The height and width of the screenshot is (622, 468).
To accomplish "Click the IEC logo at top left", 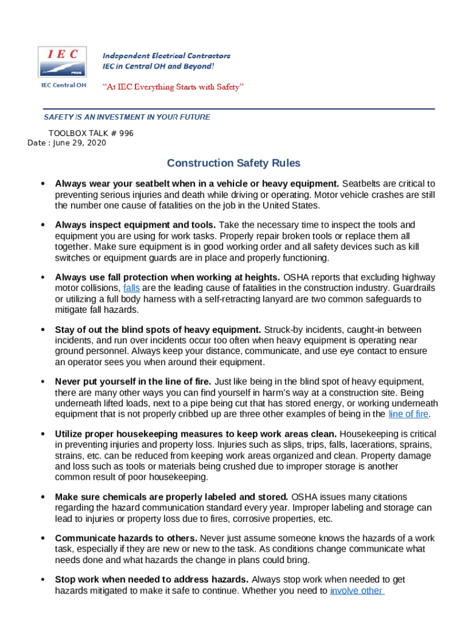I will click(62, 61).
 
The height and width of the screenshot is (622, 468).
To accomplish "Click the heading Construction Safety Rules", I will click(233, 163).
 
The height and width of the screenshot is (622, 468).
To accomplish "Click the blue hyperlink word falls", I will click(131, 288).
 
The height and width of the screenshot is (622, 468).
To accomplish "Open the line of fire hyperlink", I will click(408, 414).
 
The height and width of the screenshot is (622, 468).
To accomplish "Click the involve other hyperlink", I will click(356, 590).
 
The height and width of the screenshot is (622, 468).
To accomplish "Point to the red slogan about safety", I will click(173, 87).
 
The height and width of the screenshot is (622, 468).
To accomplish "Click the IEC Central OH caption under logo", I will click(63, 85).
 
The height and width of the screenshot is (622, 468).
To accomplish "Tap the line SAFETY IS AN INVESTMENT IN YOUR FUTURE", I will click(126, 117).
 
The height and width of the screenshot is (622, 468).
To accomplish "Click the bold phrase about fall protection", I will click(167, 277).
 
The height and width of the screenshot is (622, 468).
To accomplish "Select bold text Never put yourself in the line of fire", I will click(133, 381).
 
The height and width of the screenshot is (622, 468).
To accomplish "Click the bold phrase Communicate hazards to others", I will click(126, 538).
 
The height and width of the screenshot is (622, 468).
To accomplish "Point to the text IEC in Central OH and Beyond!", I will click(162, 66).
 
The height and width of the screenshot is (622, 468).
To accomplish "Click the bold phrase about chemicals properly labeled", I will click(171, 497).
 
